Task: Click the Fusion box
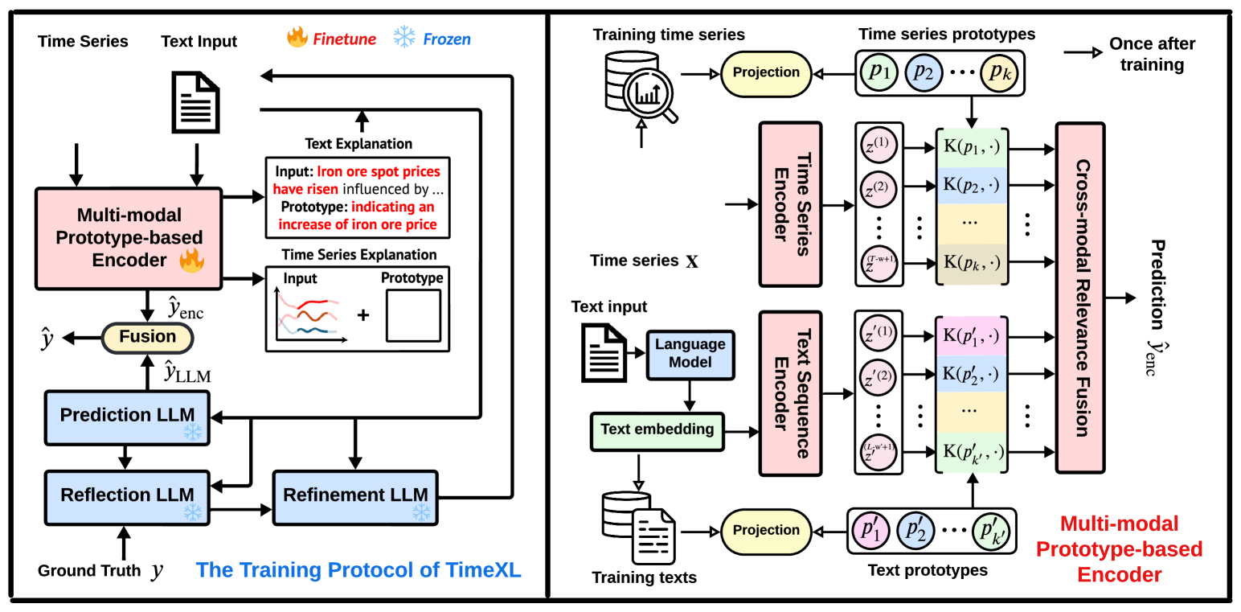tap(148, 337)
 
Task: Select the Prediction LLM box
tap(127, 416)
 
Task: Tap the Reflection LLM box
tap(127, 495)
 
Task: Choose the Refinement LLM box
tap(354, 495)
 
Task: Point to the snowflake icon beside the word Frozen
tap(403, 38)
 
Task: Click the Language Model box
tap(690, 353)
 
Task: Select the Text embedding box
tap(657, 429)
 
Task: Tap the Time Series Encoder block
tap(790, 205)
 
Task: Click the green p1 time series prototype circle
tap(881, 72)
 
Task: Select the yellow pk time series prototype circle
tap(998, 72)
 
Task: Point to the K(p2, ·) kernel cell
tap(972, 185)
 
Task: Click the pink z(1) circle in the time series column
tap(881, 150)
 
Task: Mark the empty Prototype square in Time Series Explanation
tap(414, 316)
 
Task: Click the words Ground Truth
tap(89, 571)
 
